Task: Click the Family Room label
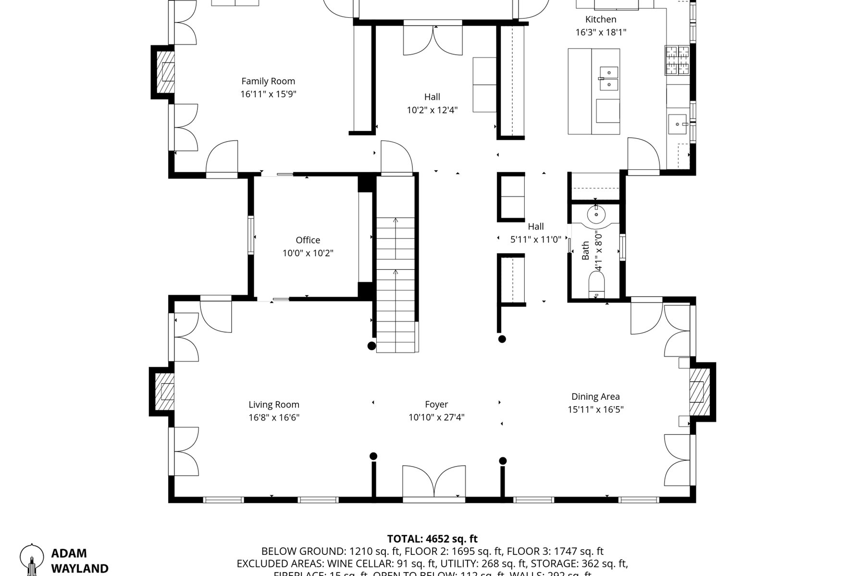tap(268, 81)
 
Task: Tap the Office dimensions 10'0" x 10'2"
tap(308, 253)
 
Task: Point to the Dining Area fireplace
tap(699, 391)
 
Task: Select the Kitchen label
tap(601, 19)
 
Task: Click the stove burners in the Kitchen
tap(677, 60)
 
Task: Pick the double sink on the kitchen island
tap(608, 79)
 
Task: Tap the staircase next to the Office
tap(395, 283)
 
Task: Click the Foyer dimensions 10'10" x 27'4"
tap(436, 418)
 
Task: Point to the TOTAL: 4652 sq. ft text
tap(432, 539)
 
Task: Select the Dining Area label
tap(595, 396)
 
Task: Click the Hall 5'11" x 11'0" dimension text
tap(536, 240)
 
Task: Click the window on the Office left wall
tap(250, 235)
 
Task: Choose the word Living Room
tap(274, 405)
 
